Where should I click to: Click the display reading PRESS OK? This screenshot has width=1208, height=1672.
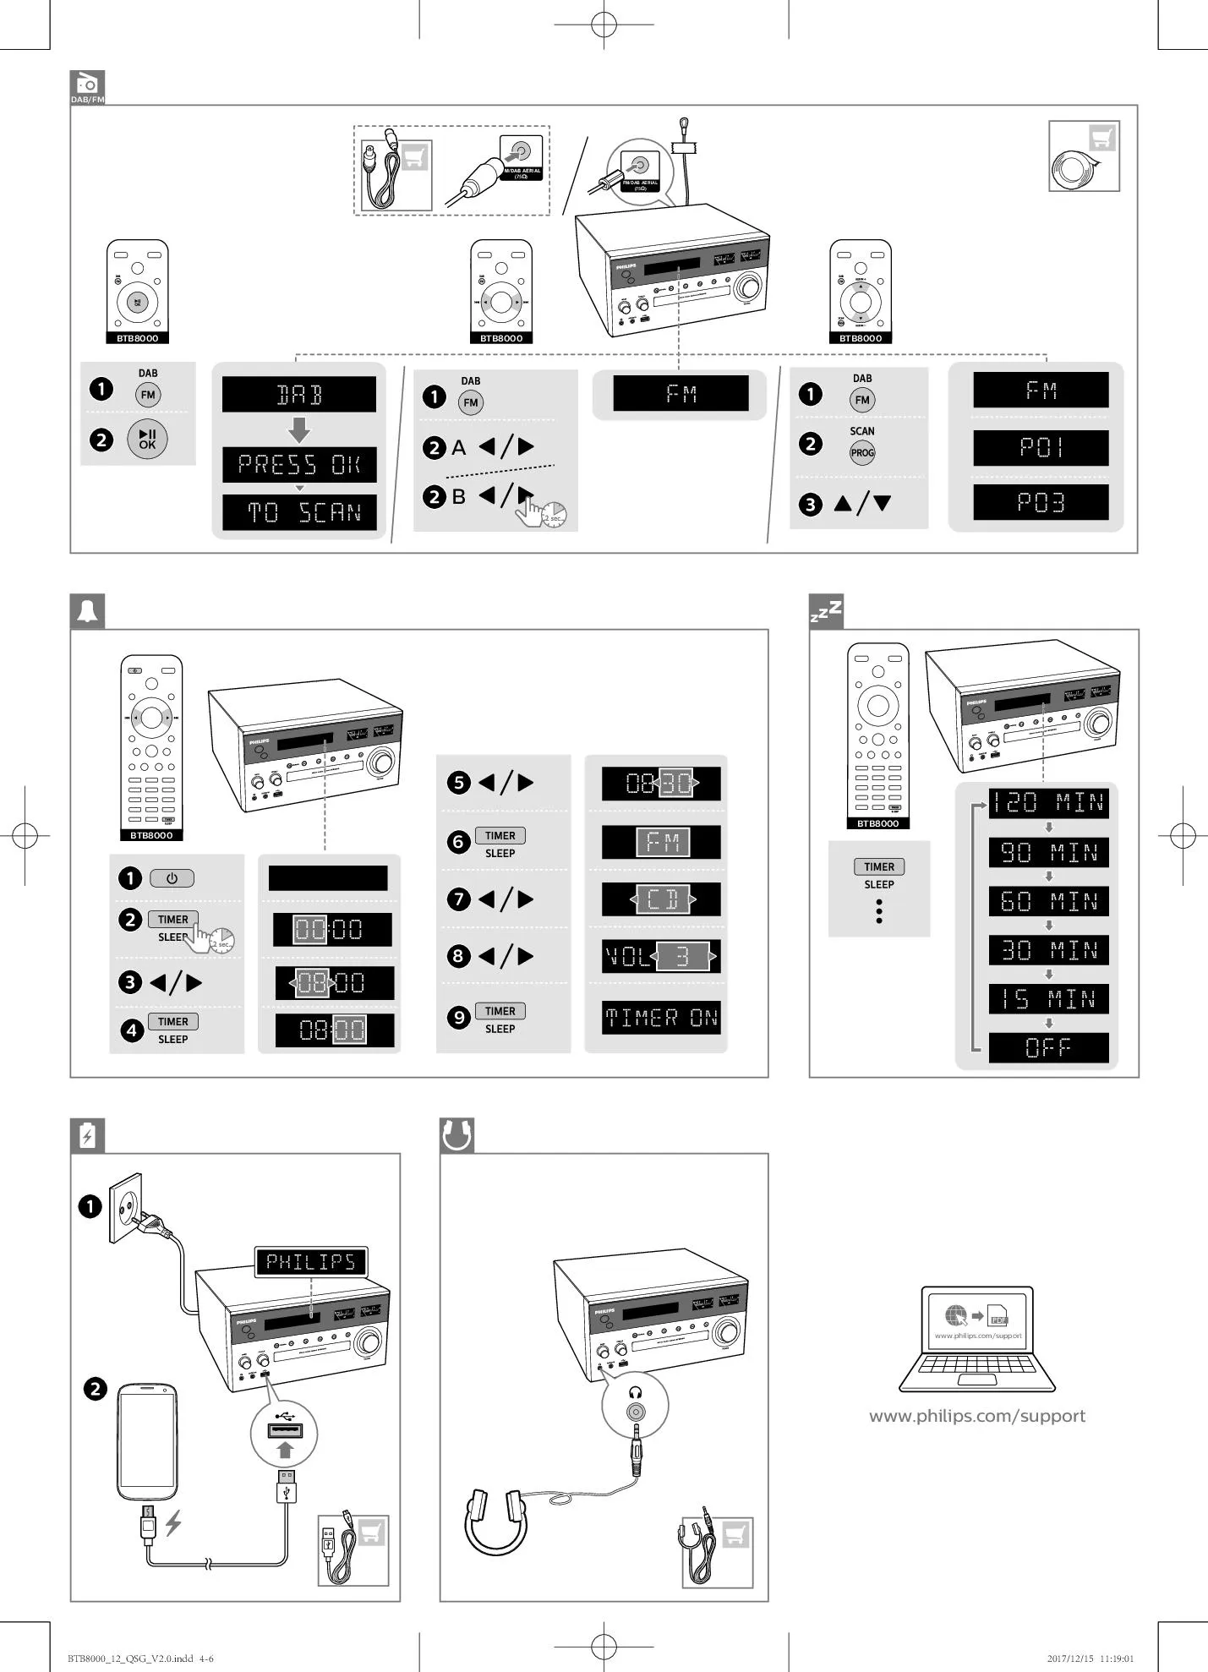[x=298, y=465]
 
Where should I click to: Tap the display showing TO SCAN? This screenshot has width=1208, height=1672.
[x=298, y=512]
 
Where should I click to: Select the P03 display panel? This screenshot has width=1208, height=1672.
[x=1040, y=503]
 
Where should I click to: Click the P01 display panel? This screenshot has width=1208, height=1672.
[x=1040, y=448]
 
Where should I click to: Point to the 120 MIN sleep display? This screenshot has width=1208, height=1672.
[x=1048, y=802]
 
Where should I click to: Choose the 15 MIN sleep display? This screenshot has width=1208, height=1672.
[x=1048, y=999]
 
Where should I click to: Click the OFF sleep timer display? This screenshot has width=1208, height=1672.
[x=1048, y=1048]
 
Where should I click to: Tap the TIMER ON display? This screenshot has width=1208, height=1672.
[x=661, y=1018]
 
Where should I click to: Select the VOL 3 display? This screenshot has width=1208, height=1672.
[x=661, y=956]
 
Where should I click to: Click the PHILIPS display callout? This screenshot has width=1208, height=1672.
[x=311, y=1262]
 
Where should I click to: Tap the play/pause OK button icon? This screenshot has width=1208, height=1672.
[x=147, y=440]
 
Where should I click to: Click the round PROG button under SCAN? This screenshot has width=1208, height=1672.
[x=861, y=453]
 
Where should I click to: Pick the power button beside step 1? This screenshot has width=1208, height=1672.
[x=172, y=878]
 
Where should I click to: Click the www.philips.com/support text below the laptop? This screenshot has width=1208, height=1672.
[x=976, y=1416]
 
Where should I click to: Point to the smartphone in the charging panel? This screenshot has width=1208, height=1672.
[x=147, y=1441]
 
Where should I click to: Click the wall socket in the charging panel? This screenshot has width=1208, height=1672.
[x=126, y=1207]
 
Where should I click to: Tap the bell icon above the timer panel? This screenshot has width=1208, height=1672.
[x=87, y=611]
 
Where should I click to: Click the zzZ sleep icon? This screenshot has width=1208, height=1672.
[x=826, y=611]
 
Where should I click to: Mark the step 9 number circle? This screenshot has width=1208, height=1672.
[x=458, y=1017]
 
